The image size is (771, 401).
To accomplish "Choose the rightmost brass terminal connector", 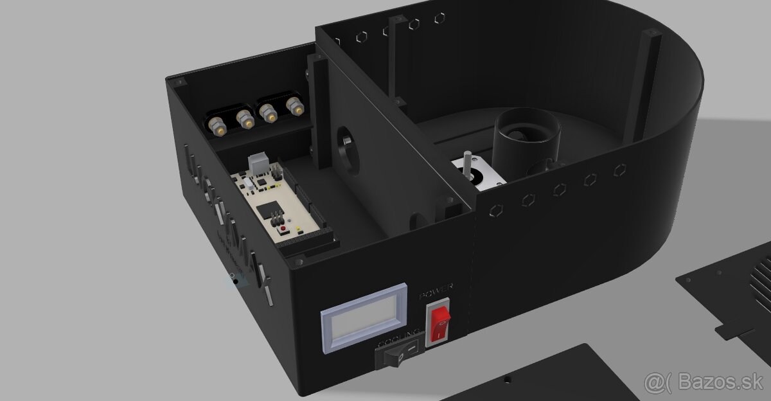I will coord(296,107).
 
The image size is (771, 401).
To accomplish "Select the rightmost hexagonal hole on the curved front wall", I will coord(620,170).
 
